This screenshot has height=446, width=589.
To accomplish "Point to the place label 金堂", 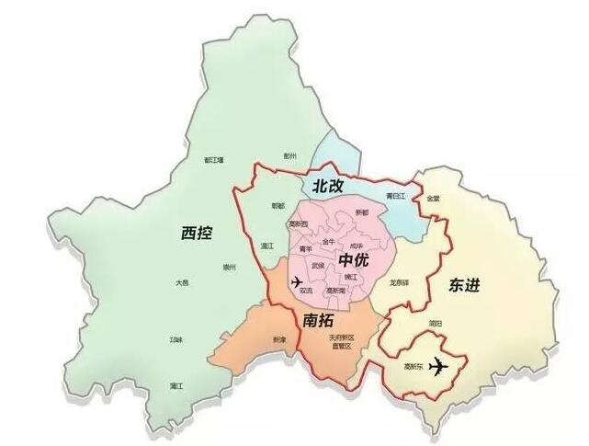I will (x=432, y=198).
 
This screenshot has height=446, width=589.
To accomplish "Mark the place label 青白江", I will (x=396, y=196).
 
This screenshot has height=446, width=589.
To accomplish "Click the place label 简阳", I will (x=435, y=324).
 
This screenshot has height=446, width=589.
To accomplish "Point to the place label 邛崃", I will (x=176, y=339).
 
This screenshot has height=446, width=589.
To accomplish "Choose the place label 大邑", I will (x=183, y=284).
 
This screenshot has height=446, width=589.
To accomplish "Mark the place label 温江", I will (x=267, y=246).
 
